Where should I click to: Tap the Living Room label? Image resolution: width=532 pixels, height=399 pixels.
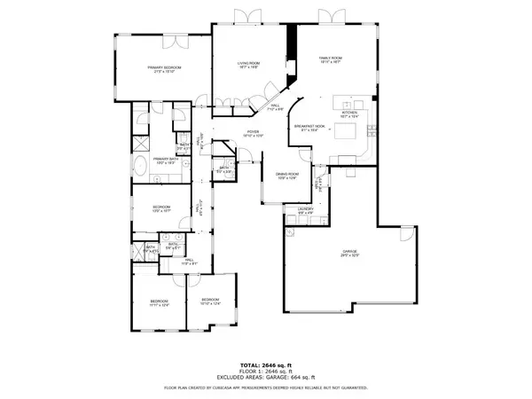coord(247,66)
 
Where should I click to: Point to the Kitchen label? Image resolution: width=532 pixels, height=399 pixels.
coord(349,113)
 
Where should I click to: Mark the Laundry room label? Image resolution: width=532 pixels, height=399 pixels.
coord(304,210)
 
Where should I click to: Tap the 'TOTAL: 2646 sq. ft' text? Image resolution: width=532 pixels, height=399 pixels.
coord(265,364)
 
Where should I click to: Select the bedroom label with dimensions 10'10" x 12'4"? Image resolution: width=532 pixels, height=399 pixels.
coord(210,301)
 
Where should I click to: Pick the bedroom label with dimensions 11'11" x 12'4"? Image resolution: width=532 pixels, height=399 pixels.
coord(160,304)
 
